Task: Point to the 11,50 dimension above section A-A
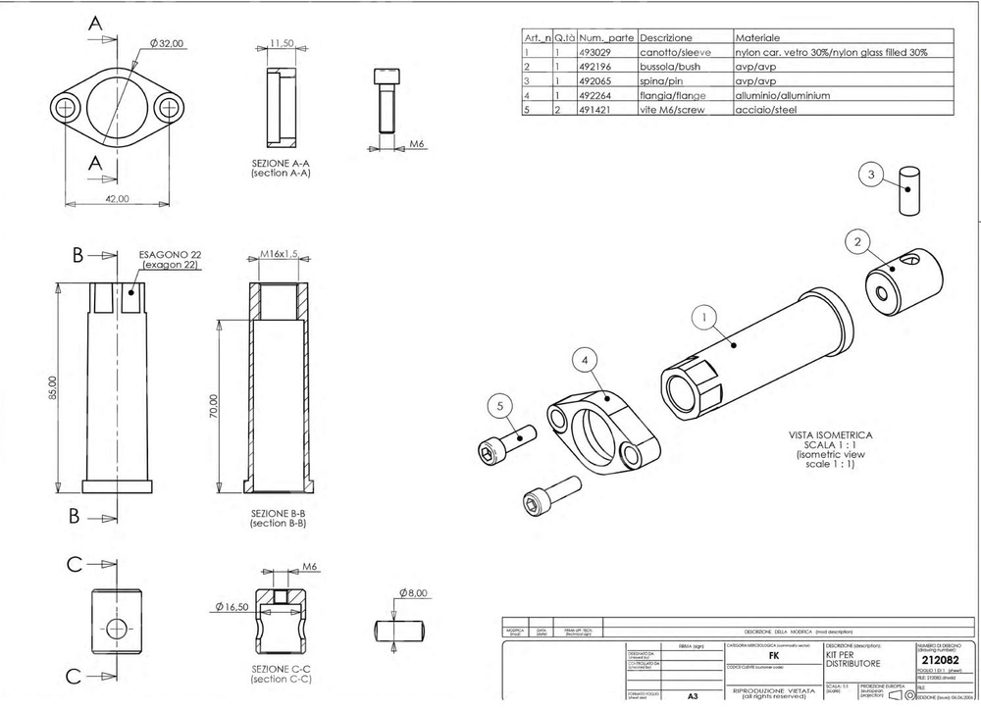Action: [x=282, y=44]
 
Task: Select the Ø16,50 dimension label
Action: [x=229, y=607]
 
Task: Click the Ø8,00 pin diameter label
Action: [x=416, y=593]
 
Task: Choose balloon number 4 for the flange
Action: [x=586, y=361]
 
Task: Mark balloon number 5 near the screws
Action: [x=500, y=406]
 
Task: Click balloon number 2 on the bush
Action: [x=857, y=241]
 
